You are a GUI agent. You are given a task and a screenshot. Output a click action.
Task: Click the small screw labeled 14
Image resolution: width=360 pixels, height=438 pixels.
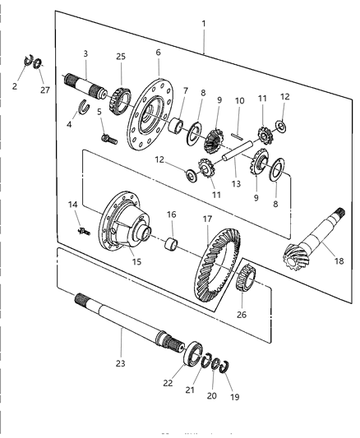[x=83, y=232]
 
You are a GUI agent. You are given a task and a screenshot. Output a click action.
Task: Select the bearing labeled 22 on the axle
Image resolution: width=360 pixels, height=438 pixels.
[x=194, y=354]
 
